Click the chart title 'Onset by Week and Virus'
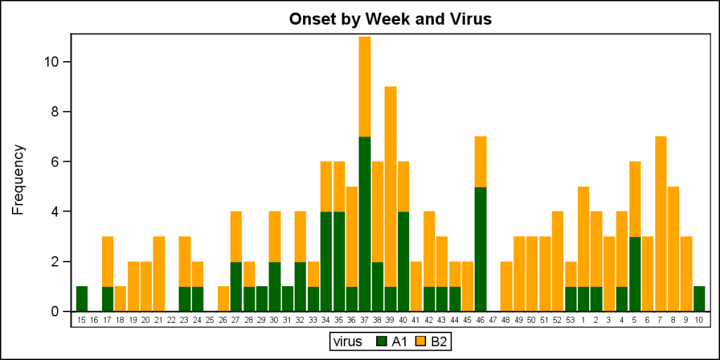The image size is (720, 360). click(390, 19)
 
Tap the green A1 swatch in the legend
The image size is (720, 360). click(382, 342)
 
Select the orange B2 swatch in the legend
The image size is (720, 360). click(422, 342)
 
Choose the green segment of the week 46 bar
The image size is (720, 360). click(480, 249)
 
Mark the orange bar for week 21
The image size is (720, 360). click(159, 274)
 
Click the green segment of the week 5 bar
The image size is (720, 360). click(635, 274)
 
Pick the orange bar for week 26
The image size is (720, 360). click(223, 299)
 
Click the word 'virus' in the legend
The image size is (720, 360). click(349, 342)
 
